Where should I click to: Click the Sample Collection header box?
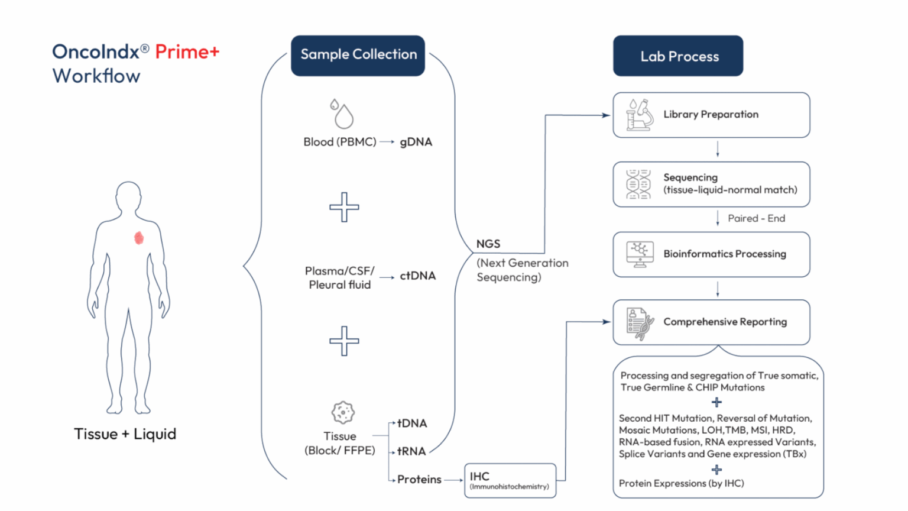(358, 55)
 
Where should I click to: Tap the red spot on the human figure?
(139, 238)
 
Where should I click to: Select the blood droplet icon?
(342, 114)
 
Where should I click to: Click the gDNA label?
(416, 142)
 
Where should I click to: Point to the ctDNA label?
(417, 276)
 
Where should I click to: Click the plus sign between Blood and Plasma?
(344, 207)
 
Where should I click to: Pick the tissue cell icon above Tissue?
(343, 412)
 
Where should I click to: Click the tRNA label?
(411, 451)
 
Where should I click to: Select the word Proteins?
(419, 480)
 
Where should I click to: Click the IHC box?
(510, 480)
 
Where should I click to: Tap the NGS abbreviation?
(488, 244)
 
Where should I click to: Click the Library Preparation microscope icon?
(640, 115)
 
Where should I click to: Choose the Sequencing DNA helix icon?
(638, 184)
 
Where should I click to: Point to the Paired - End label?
(756, 218)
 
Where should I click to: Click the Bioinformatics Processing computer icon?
(640, 254)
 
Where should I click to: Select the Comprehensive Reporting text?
(725, 322)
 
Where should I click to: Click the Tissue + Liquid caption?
(125, 434)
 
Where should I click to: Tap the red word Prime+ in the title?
(187, 52)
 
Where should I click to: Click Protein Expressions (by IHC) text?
(681, 483)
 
